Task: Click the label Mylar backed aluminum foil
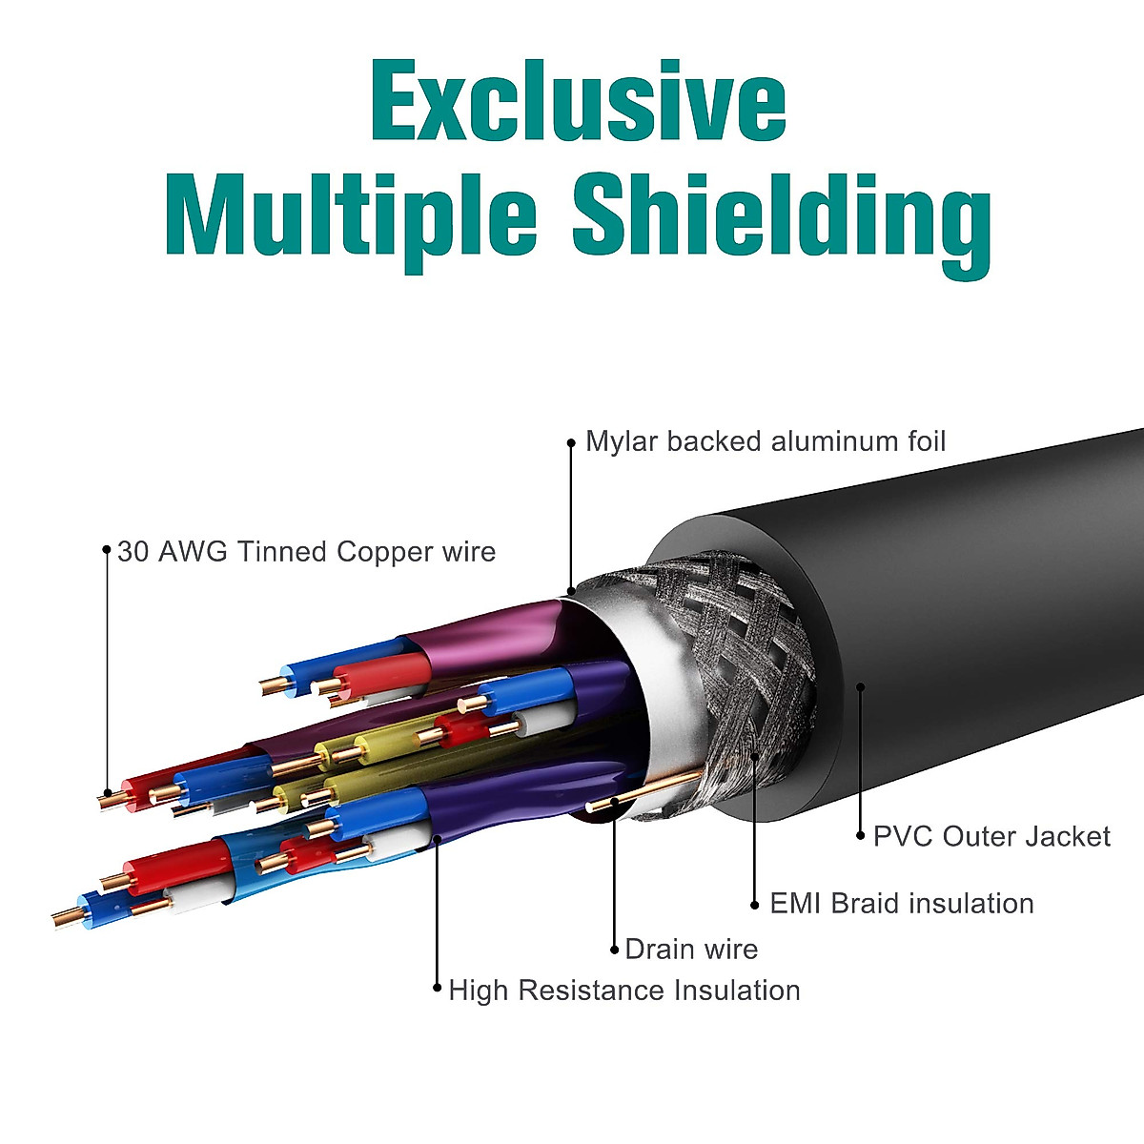pos(765,441)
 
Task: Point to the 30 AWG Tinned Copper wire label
pos(306,552)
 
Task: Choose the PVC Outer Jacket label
pos(991,837)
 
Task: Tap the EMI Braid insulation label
pos(901,903)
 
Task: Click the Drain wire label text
pos(691,949)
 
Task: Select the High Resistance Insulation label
pos(623,991)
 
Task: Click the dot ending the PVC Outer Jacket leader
pos(861,837)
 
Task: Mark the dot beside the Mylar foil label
pos(571,442)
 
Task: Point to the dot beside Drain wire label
pos(615,949)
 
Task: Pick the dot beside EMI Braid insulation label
pos(755,904)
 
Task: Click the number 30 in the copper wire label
pos(133,552)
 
